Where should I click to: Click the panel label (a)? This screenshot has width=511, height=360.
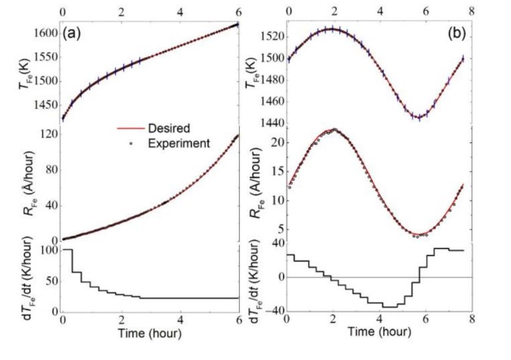click(x=73, y=33)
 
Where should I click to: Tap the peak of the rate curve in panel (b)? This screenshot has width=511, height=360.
click(x=333, y=130)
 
